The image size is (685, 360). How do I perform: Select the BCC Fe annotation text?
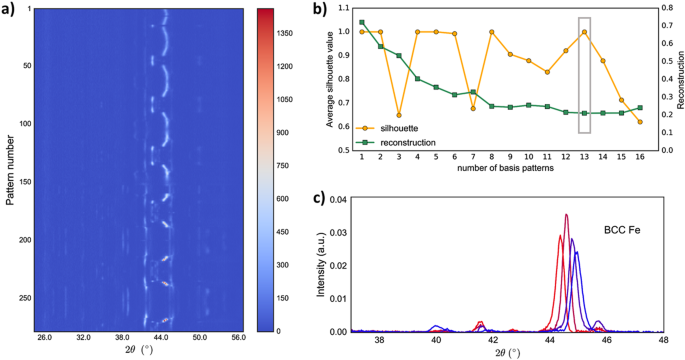pos(620,230)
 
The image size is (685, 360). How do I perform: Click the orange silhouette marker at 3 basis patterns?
pos(399,116)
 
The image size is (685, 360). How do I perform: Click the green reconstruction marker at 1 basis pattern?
pos(362,22)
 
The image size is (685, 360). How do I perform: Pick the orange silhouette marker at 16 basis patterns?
pos(639,122)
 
